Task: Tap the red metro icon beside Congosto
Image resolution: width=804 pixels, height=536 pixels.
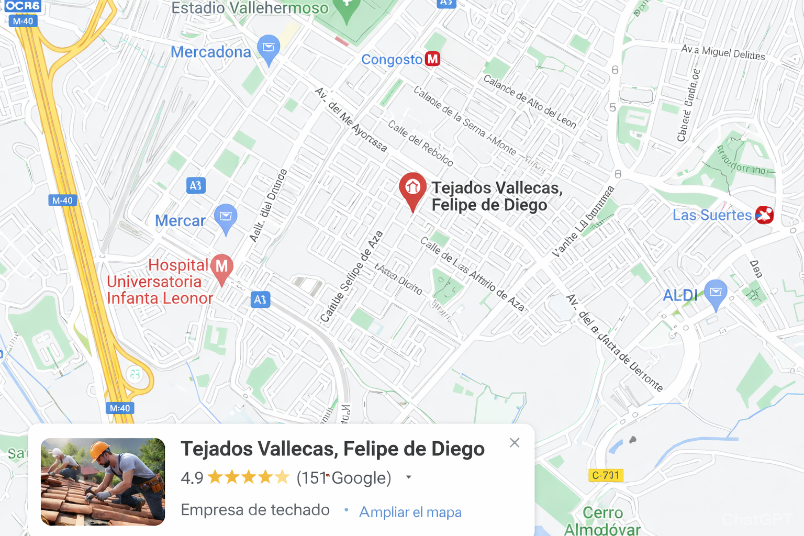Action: click(432, 59)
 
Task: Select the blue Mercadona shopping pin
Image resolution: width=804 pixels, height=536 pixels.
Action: click(269, 48)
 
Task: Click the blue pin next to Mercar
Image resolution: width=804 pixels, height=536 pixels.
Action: click(226, 216)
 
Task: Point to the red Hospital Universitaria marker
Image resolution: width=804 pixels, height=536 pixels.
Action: click(222, 266)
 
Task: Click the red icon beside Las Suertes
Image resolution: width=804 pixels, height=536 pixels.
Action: click(764, 215)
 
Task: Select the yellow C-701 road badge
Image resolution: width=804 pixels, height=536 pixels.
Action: click(606, 475)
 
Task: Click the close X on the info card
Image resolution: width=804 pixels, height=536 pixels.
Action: click(515, 443)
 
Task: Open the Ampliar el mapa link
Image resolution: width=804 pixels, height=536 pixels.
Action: click(410, 512)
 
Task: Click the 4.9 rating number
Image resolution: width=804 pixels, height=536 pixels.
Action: click(192, 478)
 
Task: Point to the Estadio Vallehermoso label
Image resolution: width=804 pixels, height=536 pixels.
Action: click(250, 8)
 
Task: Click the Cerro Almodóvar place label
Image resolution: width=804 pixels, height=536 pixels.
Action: click(602, 521)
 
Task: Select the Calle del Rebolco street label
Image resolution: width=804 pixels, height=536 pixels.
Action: click(420, 143)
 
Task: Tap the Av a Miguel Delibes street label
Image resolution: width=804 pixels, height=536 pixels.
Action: click(723, 52)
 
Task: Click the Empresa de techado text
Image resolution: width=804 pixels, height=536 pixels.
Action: click(255, 510)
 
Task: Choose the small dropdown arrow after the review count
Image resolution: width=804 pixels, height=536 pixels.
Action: click(409, 477)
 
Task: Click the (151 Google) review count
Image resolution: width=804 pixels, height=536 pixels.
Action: click(344, 478)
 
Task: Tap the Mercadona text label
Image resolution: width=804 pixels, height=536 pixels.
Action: click(211, 52)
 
